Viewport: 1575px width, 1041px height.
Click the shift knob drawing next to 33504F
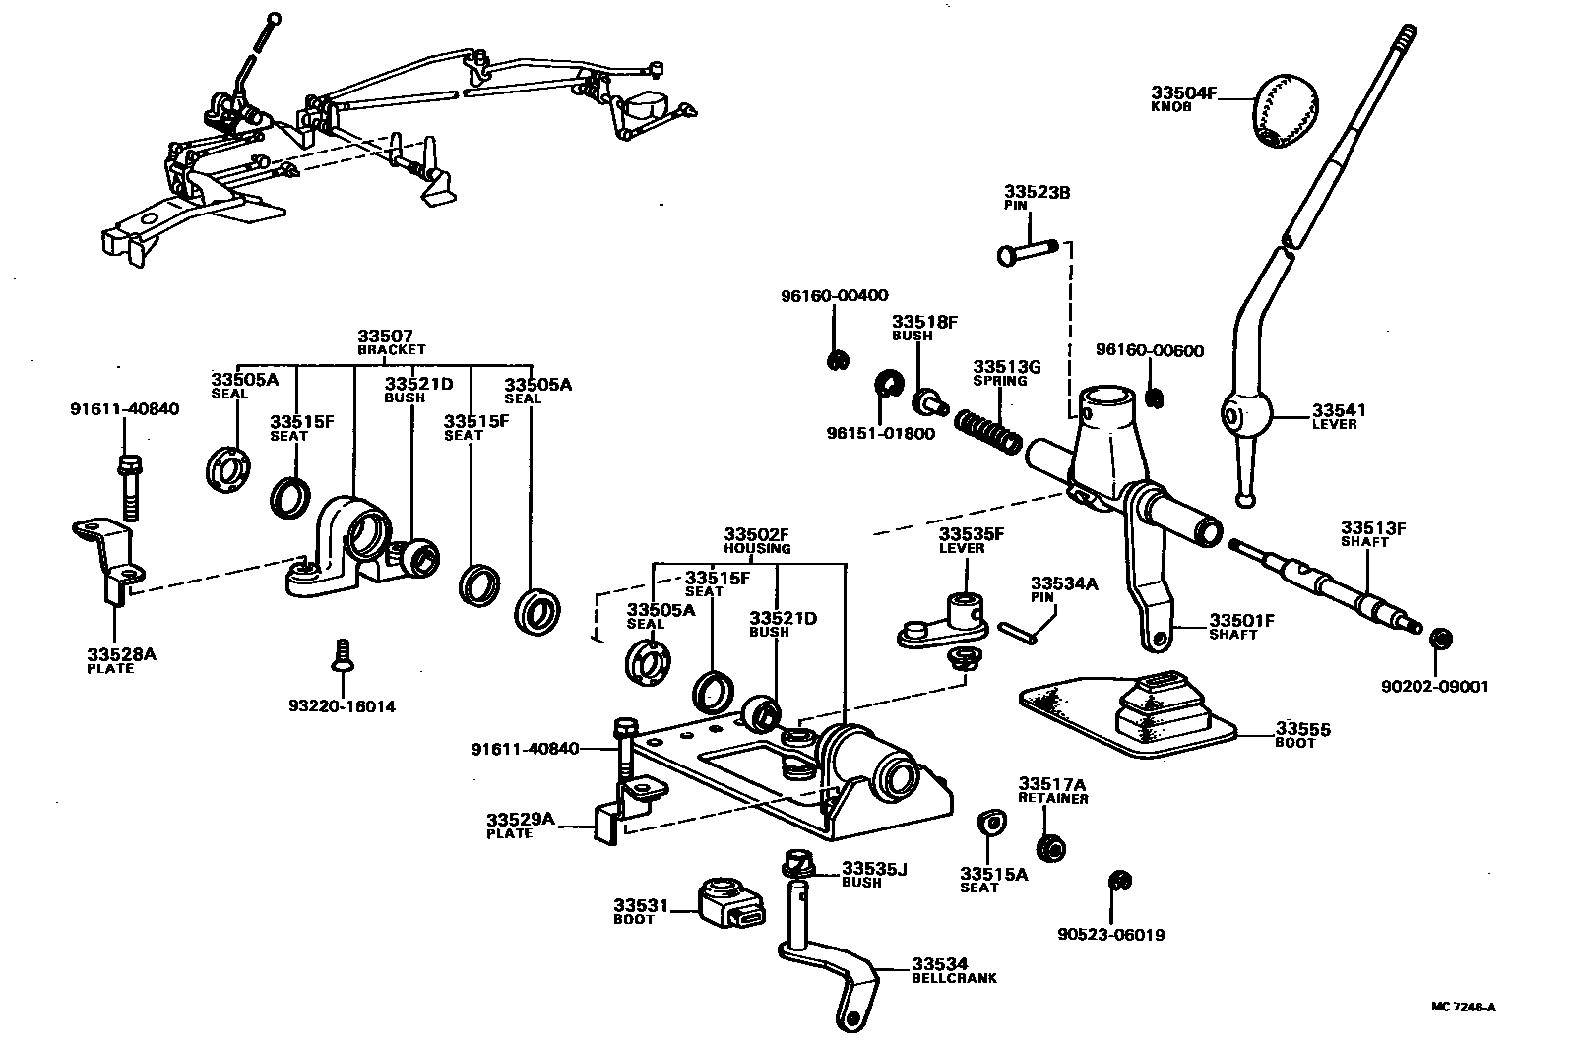pos(1286,109)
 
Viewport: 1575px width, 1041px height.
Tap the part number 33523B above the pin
pos(1037,192)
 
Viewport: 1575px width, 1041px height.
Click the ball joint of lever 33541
pos(1244,417)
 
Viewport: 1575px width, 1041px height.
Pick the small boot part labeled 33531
pos(733,902)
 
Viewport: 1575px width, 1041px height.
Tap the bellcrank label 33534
pos(939,963)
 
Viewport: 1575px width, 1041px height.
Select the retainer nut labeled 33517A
pos(1051,846)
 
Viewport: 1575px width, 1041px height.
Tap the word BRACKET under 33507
pos(391,349)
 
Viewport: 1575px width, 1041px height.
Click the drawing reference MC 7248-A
pos(1463,1007)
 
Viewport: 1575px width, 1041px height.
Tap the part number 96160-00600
pos(1149,350)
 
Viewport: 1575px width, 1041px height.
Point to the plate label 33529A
pos(520,820)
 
